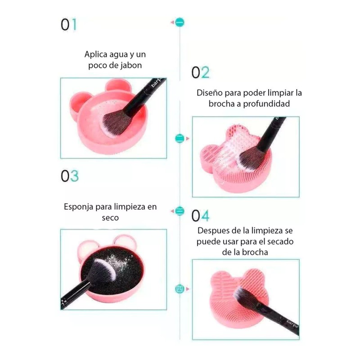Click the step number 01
coord(69,25)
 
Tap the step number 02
coord(200,73)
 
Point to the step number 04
coord(200,216)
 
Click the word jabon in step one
coord(129,65)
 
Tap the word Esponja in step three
coord(79,207)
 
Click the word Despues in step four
coord(213,230)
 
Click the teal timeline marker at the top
coord(180,22)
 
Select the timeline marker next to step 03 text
coord(180,210)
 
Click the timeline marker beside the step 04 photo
coord(180,288)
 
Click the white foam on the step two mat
coord(232,144)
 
